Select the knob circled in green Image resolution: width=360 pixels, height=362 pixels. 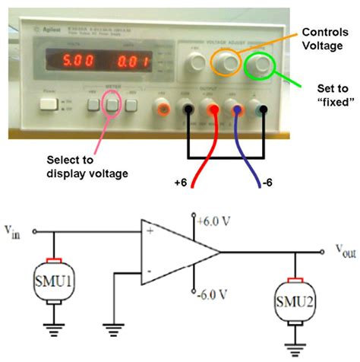click(263, 65)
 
